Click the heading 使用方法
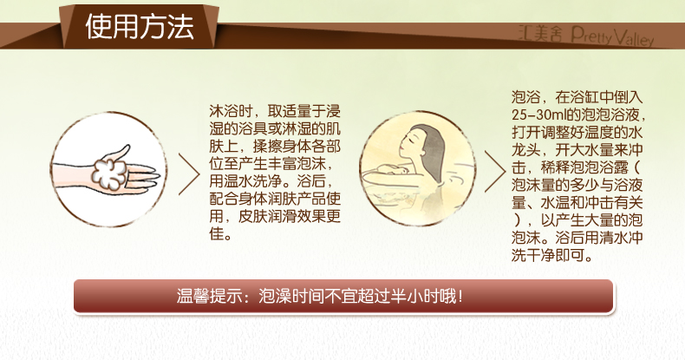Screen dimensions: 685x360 click(x=140, y=27)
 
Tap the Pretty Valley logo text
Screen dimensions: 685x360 click(x=612, y=36)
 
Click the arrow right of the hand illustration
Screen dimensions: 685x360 click(x=189, y=173)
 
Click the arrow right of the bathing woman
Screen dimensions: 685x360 click(x=495, y=172)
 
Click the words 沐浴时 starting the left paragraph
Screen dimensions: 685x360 click(x=231, y=111)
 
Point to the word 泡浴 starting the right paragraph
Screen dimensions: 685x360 click(x=526, y=97)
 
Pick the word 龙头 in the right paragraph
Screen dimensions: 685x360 click(x=526, y=150)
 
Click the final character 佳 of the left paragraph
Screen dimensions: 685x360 click(x=216, y=233)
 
